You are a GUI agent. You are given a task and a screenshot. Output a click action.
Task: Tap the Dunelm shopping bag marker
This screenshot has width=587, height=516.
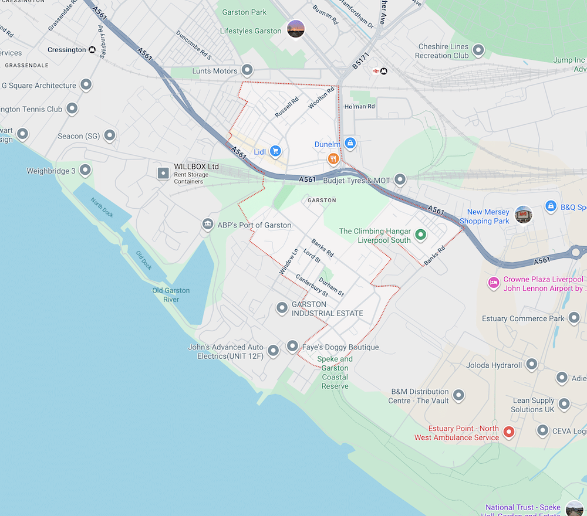click(350, 143)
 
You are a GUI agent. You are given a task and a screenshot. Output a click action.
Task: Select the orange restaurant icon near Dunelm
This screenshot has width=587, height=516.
click(333, 158)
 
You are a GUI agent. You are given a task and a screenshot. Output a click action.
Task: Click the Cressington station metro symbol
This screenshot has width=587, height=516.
click(92, 50)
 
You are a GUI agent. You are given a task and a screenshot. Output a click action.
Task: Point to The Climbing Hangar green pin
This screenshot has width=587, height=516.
click(420, 235)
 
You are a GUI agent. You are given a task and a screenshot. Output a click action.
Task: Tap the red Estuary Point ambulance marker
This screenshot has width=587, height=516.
click(509, 433)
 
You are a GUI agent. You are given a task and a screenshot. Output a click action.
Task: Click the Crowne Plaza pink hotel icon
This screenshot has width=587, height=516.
click(494, 283)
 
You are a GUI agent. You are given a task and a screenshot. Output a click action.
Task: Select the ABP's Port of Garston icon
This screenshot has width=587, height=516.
click(207, 225)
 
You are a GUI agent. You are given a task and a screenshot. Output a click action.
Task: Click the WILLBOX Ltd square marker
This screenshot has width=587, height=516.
click(163, 174)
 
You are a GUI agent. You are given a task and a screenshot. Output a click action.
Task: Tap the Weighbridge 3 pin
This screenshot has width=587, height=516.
click(85, 171)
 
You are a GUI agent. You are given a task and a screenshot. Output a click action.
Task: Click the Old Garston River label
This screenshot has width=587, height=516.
click(171, 295)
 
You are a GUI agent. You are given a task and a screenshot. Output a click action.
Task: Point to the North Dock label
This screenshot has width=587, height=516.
click(101, 207)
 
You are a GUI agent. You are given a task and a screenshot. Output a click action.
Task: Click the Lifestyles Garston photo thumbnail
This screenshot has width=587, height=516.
click(296, 29)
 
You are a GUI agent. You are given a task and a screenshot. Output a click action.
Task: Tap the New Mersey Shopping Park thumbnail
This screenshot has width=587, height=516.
click(522, 215)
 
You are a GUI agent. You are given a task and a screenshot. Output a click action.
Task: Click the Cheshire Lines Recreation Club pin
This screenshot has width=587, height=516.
click(479, 50)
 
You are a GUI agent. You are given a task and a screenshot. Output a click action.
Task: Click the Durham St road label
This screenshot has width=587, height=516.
click(332, 286)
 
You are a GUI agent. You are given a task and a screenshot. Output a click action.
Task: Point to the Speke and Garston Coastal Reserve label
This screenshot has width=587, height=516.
click(335, 372)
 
